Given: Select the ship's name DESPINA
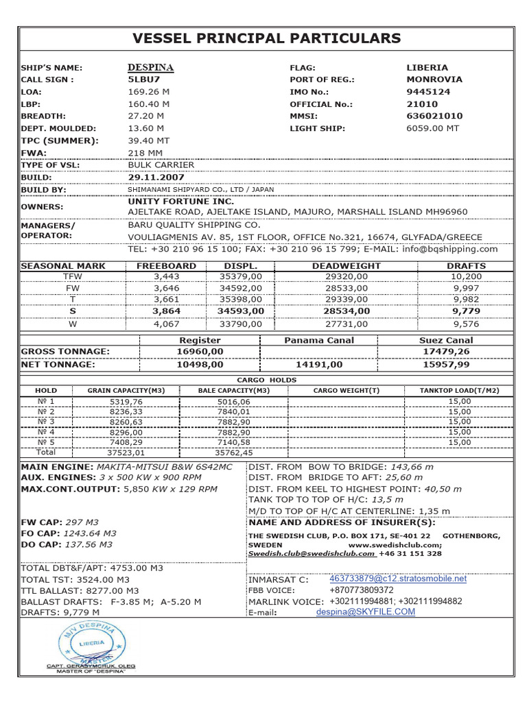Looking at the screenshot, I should tap(150, 67).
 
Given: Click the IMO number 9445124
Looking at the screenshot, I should tap(428, 92).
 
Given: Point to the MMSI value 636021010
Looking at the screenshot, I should tap(434, 116).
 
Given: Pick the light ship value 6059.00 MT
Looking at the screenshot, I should tap(432, 128).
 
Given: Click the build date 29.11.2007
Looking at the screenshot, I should tap(157, 177).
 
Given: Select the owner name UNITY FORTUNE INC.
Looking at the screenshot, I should tap(180, 202).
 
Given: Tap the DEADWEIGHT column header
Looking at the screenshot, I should tap(346, 265).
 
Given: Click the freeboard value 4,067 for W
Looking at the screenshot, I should tap(165, 324).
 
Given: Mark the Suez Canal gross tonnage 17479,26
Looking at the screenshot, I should tap(446, 352).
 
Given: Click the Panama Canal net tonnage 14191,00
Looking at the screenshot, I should tap(318, 365).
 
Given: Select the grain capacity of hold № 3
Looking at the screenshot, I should tap(126, 422).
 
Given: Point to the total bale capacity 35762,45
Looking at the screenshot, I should tap(233, 452).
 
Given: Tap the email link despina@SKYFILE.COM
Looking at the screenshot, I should tap(365, 612).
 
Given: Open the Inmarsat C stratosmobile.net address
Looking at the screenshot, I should tap(397, 579).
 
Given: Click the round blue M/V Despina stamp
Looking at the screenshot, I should tap(91, 644).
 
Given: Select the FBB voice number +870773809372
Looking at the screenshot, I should tap(362, 590).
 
